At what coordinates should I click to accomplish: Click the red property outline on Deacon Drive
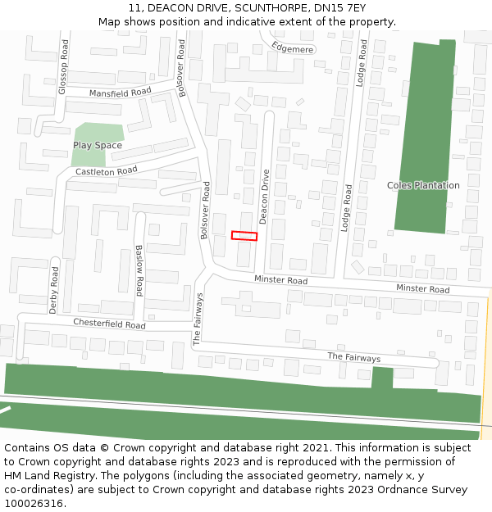pyautogui.click(x=244, y=236)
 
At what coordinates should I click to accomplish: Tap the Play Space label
pyautogui.click(x=98, y=146)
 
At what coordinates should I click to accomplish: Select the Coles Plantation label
pyautogui.click(x=423, y=186)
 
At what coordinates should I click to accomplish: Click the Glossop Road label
pyautogui.click(x=61, y=66)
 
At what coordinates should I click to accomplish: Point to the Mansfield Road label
pyautogui.click(x=121, y=93)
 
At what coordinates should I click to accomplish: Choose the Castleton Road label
pyautogui.click(x=107, y=172)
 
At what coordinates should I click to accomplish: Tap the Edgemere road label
pyautogui.click(x=293, y=48)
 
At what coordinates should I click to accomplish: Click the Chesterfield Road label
pyautogui.click(x=109, y=324)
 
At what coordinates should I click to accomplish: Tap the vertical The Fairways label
pyautogui.click(x=198, y=319)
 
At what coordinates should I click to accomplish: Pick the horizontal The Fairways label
pyautogui.click(x=354, y=358)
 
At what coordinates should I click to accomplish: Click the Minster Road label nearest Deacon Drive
pyautogui.click(x=280, y=281)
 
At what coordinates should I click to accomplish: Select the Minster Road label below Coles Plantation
pyautogui.click(x=422, y=289)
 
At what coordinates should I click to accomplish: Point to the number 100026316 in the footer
pyautogui.click(x=34, y=504)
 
